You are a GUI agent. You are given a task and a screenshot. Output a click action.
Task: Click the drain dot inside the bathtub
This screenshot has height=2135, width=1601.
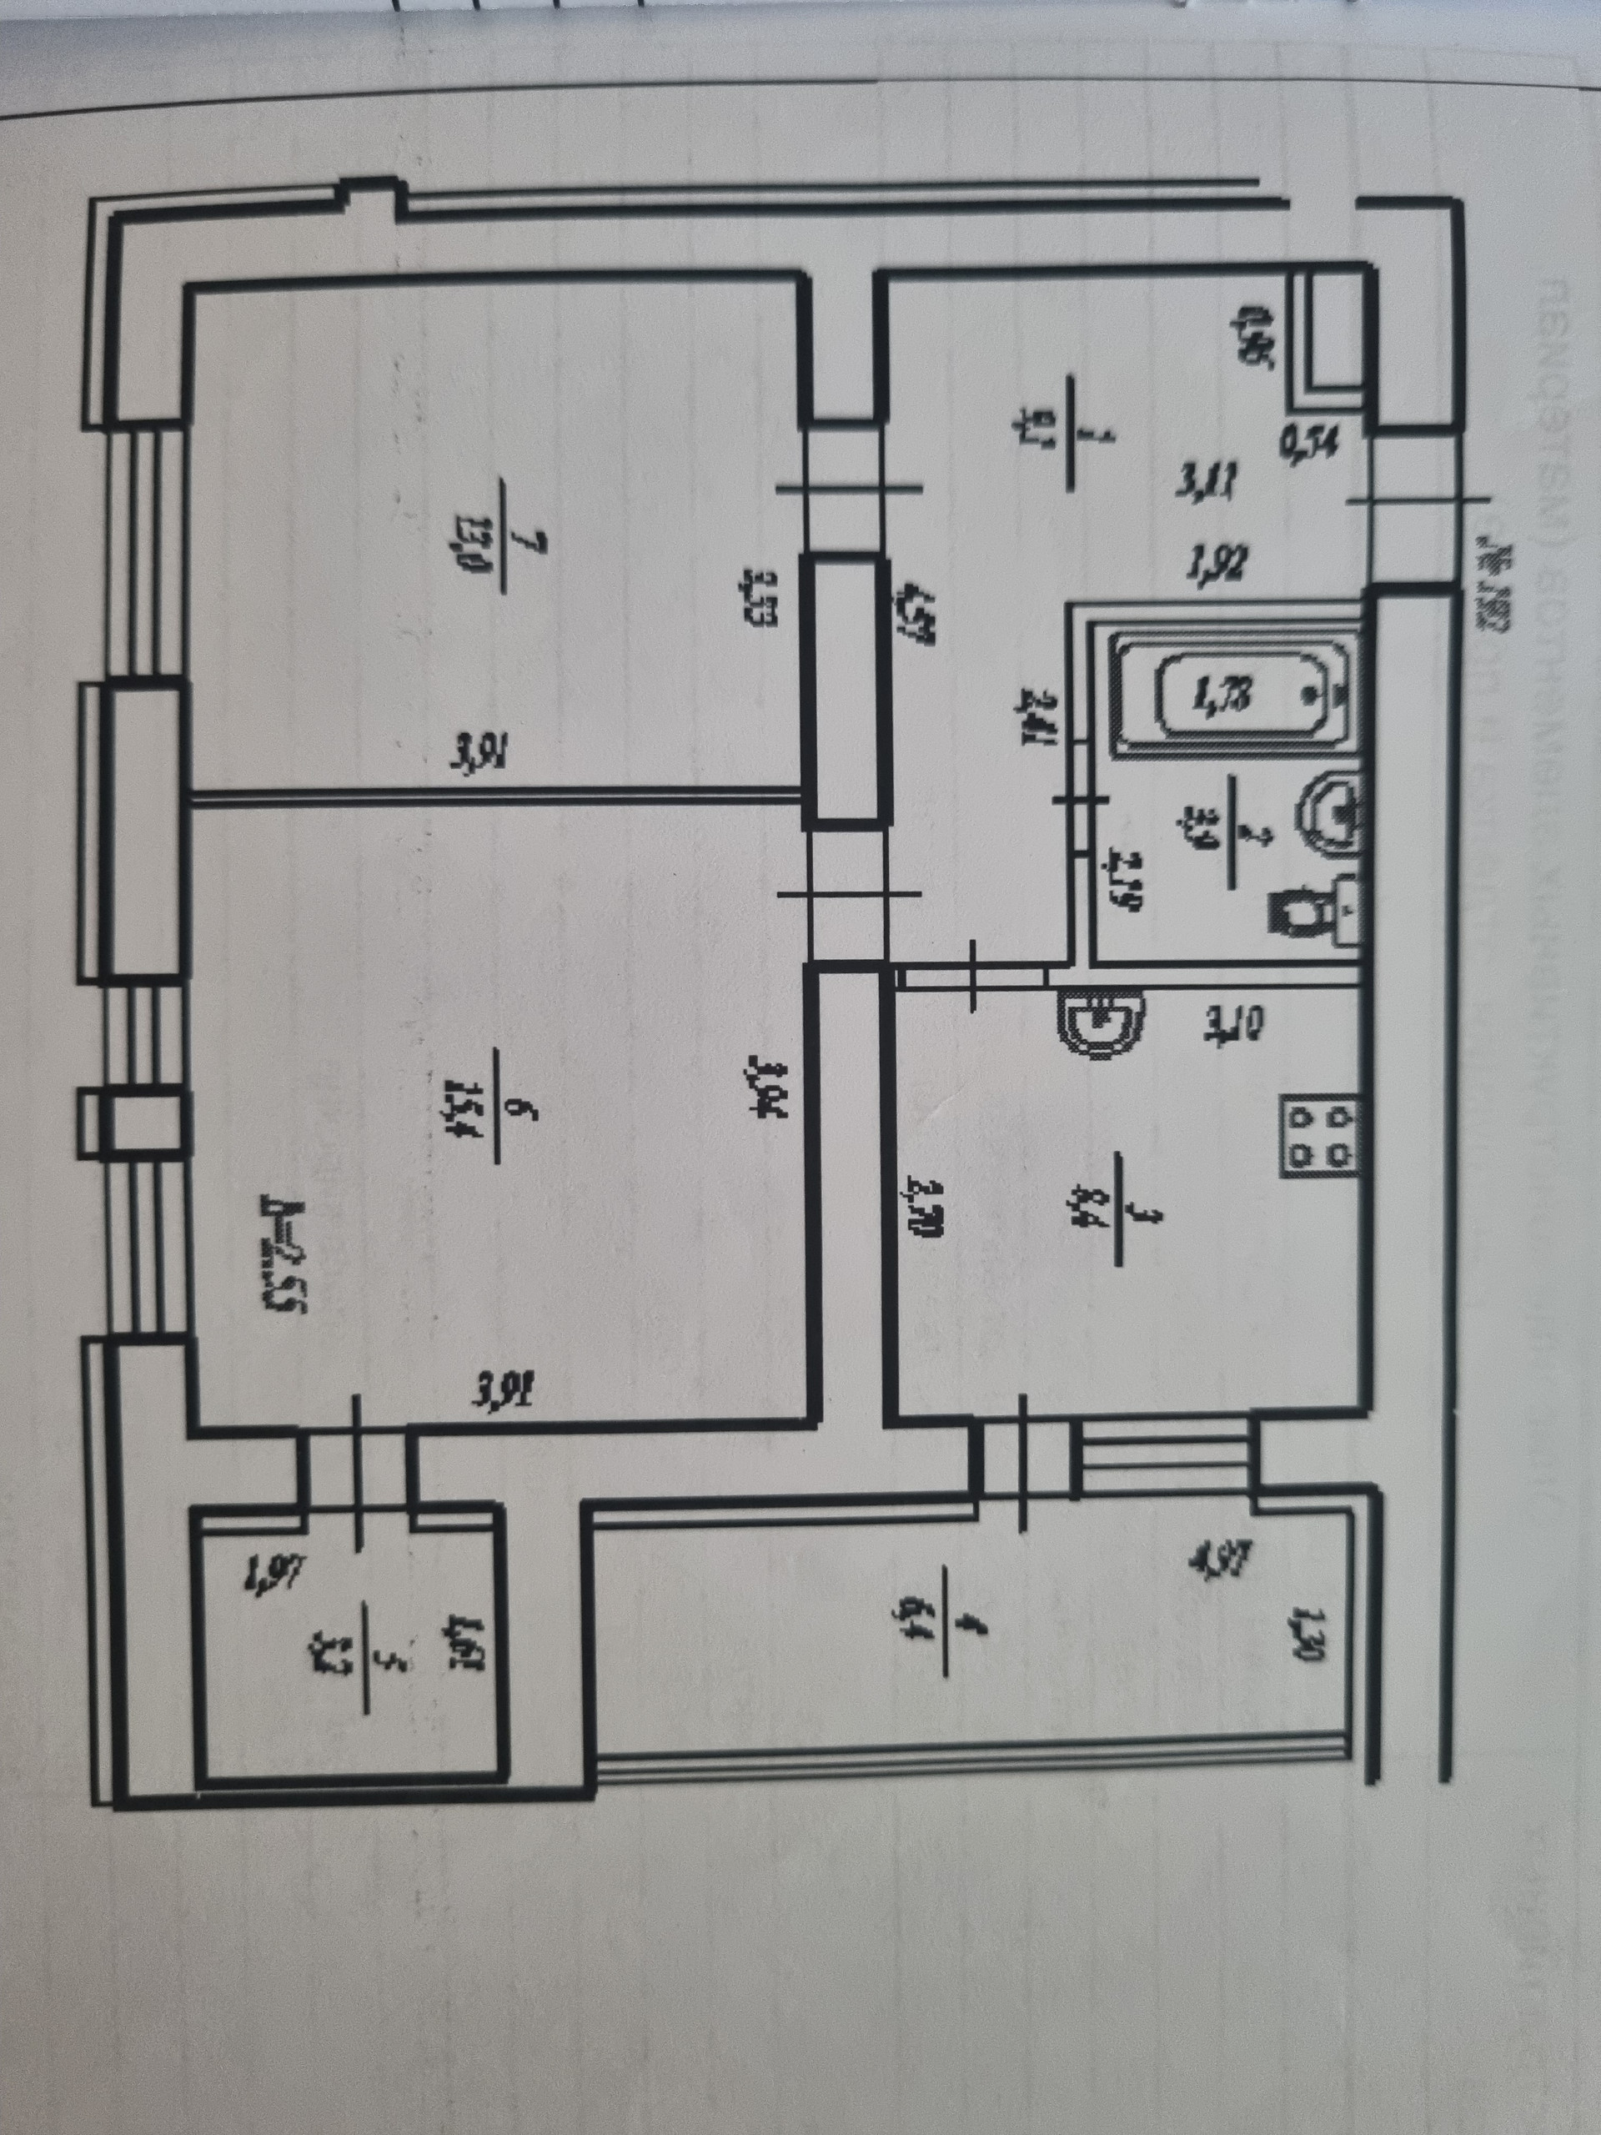tap(1308, 693)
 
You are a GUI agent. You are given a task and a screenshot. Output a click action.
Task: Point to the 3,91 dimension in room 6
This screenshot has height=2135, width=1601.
tap(503, 1391)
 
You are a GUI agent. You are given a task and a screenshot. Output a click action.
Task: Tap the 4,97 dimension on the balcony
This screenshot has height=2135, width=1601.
tap(1223, 1559)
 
